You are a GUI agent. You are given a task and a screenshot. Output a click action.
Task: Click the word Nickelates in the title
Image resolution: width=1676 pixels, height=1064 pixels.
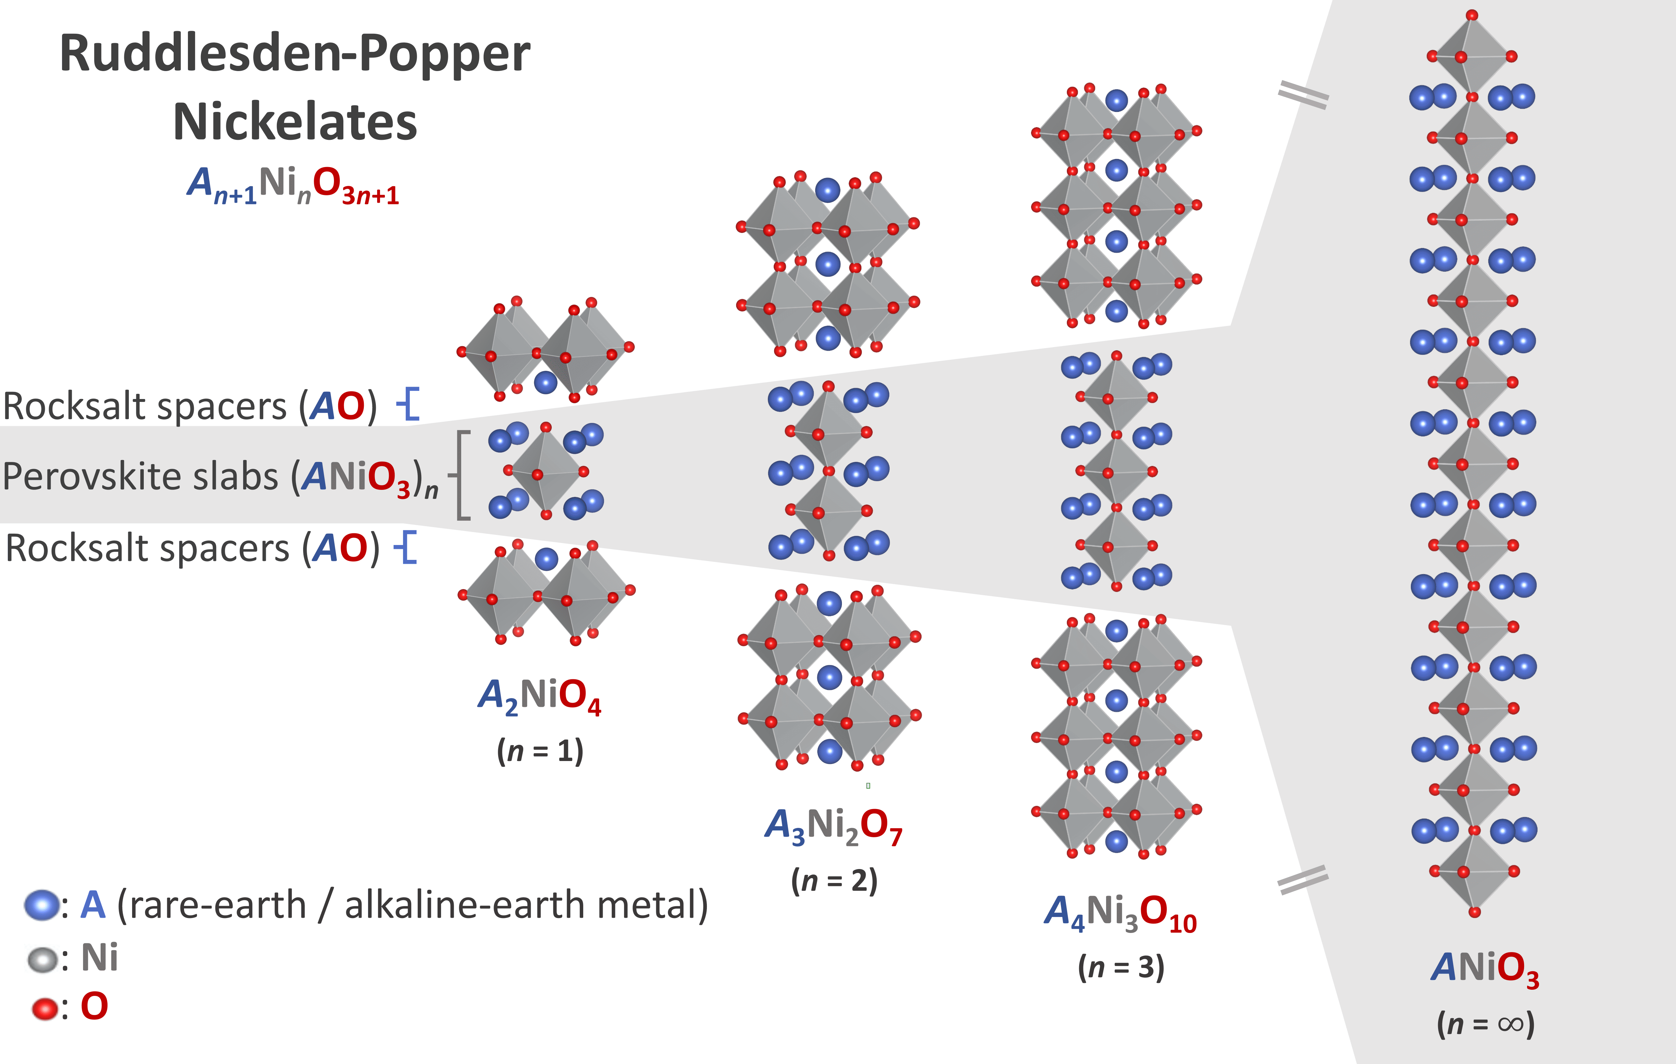(295, 122)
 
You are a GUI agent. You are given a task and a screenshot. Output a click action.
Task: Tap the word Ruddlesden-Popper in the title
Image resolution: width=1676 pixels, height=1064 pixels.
(295, 54)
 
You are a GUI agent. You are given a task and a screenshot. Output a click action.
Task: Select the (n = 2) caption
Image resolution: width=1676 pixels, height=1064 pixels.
(834, 881)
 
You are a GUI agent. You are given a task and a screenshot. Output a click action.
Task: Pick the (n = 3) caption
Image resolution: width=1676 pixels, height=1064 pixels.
(1121, 967)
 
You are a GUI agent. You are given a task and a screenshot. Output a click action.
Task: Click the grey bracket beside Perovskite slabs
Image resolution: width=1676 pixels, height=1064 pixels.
(461, 475)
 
